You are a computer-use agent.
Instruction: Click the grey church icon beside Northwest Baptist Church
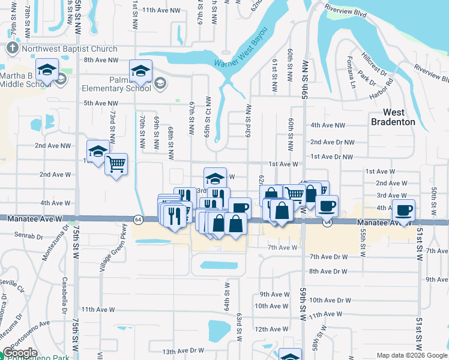pyautogui.click(x=13, y=47)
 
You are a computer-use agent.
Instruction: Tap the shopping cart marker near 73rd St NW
pyautogui.click(x=116, y=163)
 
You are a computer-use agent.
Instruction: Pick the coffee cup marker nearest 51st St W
pyautogui.click(x=403, y=211)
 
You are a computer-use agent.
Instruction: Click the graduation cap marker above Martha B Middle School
pyautogui.click(x=47, y=70)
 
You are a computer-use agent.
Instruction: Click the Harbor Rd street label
pyautogui.click(x=381, y=89)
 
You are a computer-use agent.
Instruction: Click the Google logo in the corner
pyautogui.click(x=20, y=353)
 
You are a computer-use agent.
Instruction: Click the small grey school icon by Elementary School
pyautogui.click(x=160, y=83)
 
